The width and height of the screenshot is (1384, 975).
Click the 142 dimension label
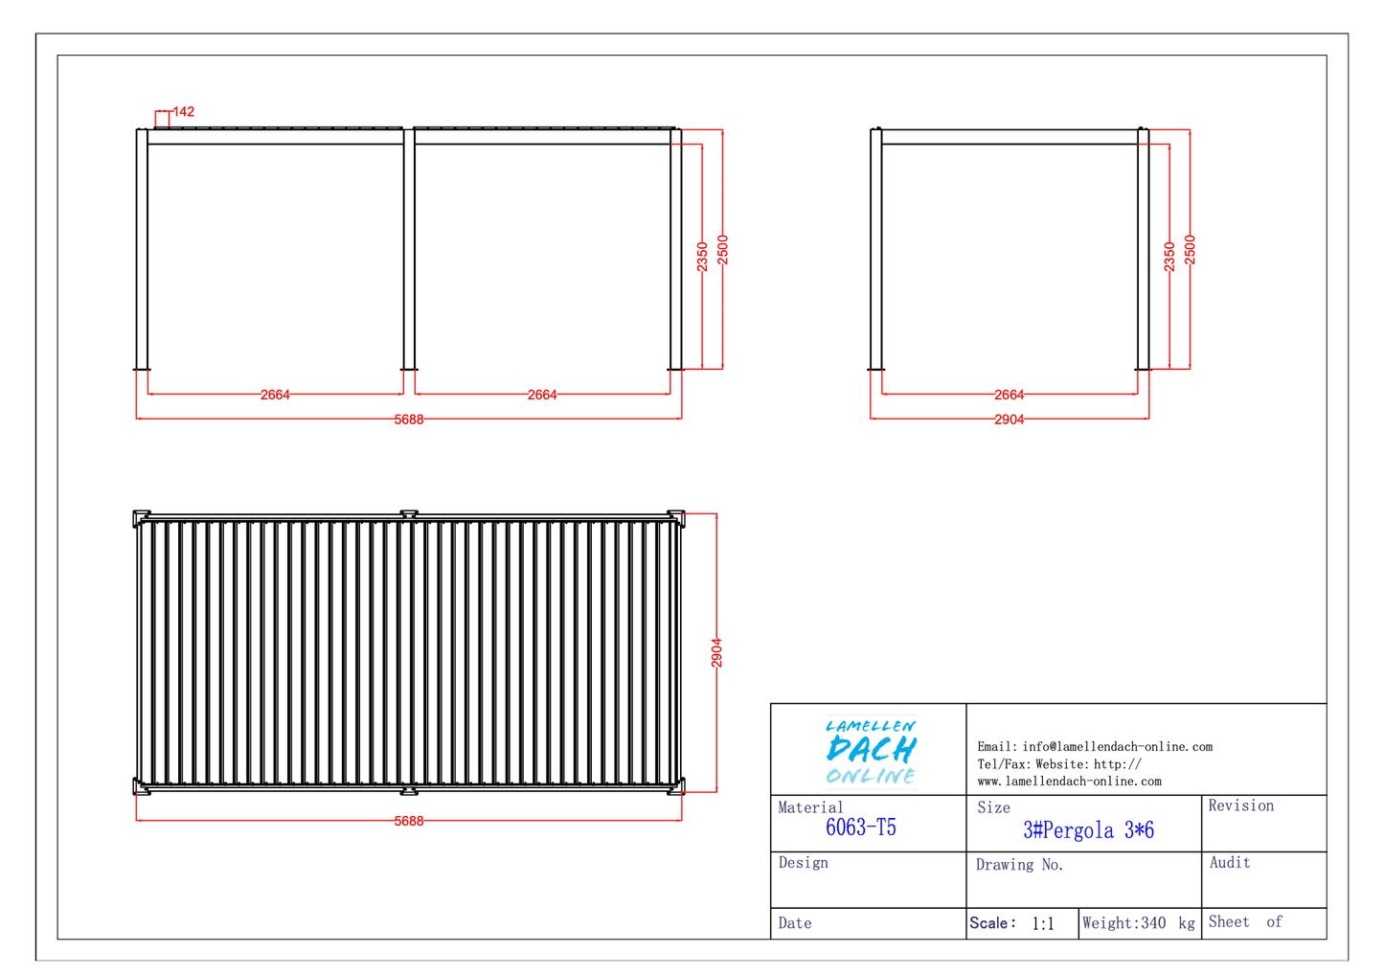click(184, 112)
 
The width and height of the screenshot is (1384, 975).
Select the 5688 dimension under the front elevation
click(409, 420)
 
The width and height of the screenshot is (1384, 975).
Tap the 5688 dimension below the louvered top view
click(409, 821)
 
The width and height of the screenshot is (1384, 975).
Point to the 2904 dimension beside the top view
click(716, 653)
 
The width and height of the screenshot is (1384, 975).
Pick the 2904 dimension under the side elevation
click(1010, 420)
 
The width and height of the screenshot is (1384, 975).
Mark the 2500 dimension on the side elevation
click(1190, 250)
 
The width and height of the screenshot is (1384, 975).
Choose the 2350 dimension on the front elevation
click(702, 257)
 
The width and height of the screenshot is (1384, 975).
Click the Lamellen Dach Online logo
click(872, 751)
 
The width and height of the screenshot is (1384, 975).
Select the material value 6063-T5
click(861, 828)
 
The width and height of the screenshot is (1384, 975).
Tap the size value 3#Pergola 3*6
click(1088, 829)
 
